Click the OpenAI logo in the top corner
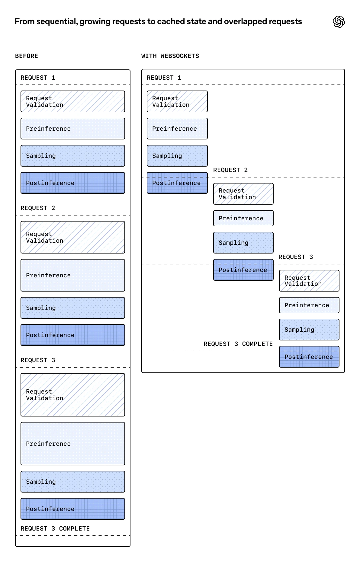(339, 22)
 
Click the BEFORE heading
(27, 56)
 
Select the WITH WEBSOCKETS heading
(170, 56)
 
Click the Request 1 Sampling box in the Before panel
(72, 156)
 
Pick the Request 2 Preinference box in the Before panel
(72, 275)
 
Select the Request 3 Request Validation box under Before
(72, 395)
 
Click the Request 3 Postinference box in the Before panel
(72, 509)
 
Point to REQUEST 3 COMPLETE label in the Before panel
(55, 528)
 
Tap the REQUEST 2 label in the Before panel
(38, 208)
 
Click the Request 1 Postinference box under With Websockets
(177, 183)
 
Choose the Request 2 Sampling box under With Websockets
(243, 243)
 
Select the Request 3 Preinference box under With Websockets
(309, 305)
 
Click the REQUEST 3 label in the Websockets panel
(295, 257)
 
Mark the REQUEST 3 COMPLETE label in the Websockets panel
(238, 344)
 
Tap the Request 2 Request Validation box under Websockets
(243, 194)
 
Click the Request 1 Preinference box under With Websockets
(177, 129)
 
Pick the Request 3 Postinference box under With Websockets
(309, 357)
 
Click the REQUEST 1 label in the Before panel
(38, 78)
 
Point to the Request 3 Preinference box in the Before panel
(72, 444)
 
